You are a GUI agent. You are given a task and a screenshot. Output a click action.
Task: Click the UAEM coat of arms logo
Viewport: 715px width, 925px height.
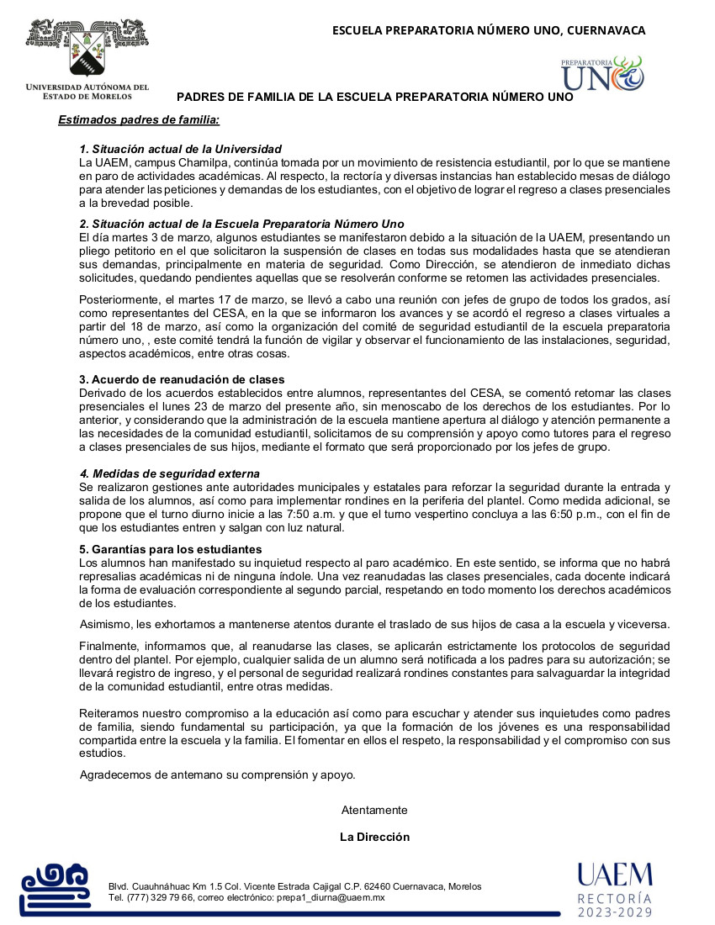coord(87,49)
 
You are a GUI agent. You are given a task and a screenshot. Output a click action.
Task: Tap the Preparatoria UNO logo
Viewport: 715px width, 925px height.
coord(602,73)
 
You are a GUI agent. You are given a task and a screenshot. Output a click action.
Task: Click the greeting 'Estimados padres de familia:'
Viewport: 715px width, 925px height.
coord(139,120)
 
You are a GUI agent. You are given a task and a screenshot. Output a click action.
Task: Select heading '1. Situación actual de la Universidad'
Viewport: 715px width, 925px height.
coord(180,149)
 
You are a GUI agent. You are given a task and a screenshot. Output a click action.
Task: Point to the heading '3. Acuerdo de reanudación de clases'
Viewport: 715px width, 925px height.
coord(182,379)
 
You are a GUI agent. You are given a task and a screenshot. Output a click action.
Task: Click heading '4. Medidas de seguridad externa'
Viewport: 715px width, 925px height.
coord(169,474)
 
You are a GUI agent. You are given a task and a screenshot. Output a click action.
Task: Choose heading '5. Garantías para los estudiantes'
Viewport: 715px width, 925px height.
coord(171,549)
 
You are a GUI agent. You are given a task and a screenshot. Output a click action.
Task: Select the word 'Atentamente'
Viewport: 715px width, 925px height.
coord(374,810)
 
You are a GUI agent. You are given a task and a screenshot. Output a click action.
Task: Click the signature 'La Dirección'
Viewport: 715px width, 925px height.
coord(374,837)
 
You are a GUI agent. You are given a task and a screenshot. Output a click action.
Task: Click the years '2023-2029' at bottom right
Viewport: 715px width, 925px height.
coord(614,912)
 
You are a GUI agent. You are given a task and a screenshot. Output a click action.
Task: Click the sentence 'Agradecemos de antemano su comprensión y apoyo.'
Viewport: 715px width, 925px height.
coord(217,774)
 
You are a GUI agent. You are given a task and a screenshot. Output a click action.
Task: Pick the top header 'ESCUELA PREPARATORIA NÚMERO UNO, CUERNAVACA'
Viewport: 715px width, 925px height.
coord(489,31)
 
